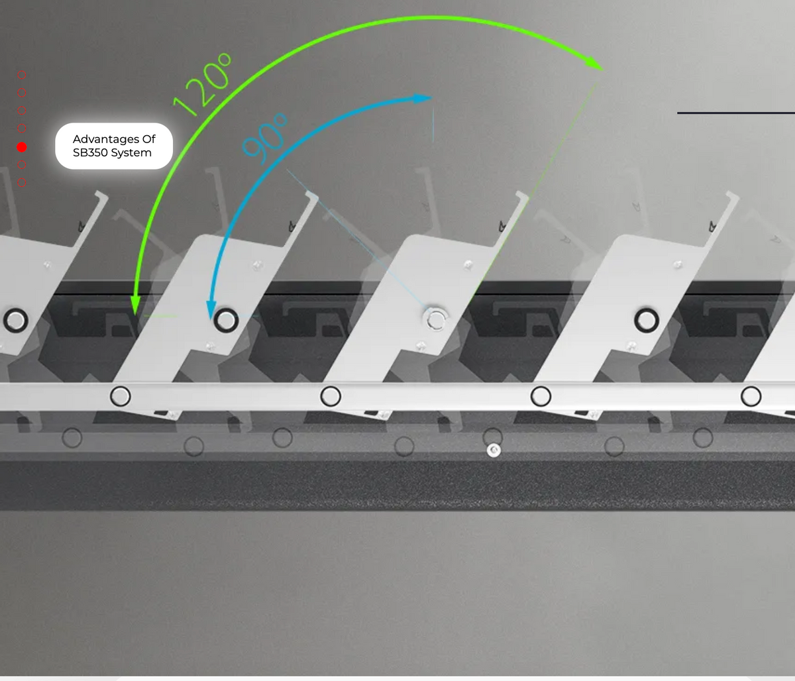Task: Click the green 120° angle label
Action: pos(203,85)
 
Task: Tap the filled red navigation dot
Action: pos(22,147)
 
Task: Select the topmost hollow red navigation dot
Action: pos(22,76)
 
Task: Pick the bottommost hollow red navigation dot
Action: pos(22,183)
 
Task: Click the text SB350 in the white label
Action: pos(90,152)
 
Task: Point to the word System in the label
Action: pos(131,153)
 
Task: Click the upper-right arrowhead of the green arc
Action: pos(594,64)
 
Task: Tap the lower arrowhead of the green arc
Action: pos(135,305)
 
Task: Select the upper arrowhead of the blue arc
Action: pos(423,99)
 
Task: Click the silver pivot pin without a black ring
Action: pos(435,319)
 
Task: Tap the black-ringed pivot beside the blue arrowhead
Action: pos(226,321)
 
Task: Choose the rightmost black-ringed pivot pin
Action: pos(646,321)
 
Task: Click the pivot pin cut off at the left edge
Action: pos(15,321)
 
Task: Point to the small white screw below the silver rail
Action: pos(494,450)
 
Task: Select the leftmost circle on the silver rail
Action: pos(121,396)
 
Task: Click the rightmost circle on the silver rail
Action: pos(751,396)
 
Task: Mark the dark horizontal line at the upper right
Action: pos(736,113)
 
